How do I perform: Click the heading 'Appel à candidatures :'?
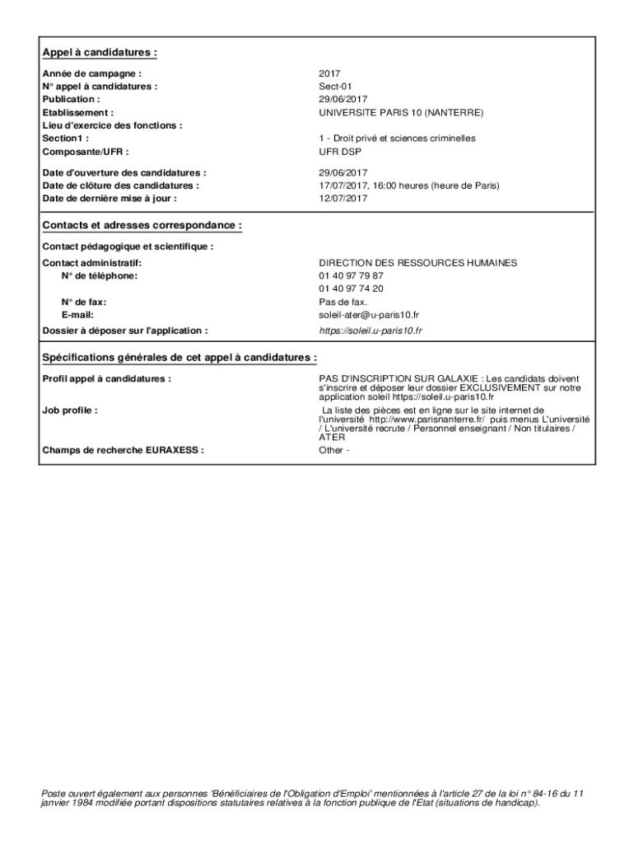tap(100, 53)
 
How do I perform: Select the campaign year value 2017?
tap(329, 73)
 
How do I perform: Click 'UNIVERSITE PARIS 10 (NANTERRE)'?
tap(401, 112)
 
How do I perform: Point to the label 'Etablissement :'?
tap(78, 112)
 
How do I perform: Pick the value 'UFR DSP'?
tap(338, 152)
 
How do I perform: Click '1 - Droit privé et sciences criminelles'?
tap(397, 138)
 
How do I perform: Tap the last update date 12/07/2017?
tap(343, 199)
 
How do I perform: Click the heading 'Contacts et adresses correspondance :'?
tap(142, 225)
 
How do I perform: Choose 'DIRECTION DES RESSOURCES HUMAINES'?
tap(418, 263)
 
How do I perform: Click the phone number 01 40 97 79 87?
tap(352, 275)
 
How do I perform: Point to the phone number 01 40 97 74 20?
tap(352, 288)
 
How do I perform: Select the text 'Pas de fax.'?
tap(343, 302)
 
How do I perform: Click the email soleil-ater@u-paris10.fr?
tap(369, 315)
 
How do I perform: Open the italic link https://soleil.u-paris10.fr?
tap(371, 331)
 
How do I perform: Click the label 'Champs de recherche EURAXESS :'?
tap(124, 450)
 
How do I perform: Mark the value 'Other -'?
tap(334, 450)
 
